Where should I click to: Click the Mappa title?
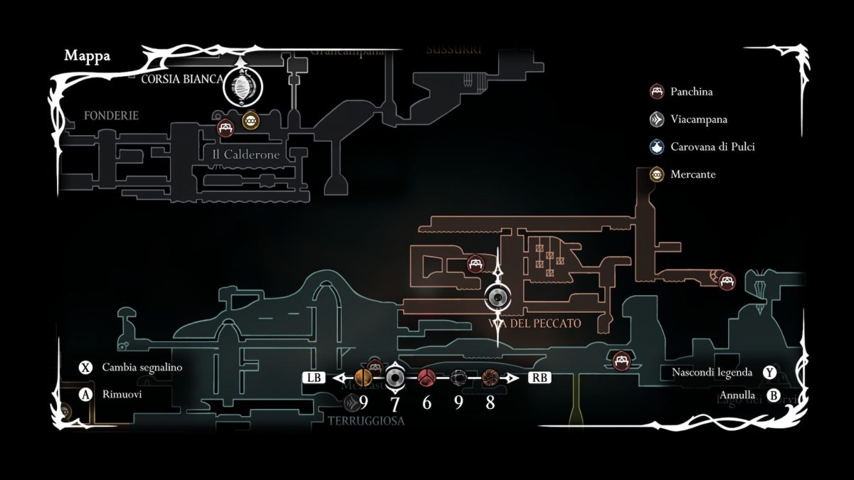pyautogui.click(x=87, y=56)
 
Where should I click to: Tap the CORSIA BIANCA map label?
pyautogui.click(x=182, y=78)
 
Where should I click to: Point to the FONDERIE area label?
pyautogui.click(x=110, y=115)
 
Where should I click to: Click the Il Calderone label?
pyautogui.click(x=246, y=154)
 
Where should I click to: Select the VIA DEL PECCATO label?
pyautogui.click(x=535, y=324)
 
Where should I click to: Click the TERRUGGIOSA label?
pyautogui.click(x=366, y=420)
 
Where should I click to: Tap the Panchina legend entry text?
pyautogui.click(x=691, y=92)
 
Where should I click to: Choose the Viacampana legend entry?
pyautogui.click(x=698, y=119)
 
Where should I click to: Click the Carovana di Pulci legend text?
pyautogui.click(x=712, y=147)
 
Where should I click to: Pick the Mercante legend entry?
pyautogui.click(x=692, y=174)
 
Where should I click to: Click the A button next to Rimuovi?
pyautogui.click(x=86, y=394)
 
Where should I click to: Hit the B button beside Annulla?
pyautogui.click(x=773, y=395)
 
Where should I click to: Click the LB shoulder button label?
pyautogui.click(x=315, y=378)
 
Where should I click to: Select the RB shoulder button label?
pyautogui.click(x=539, y=378)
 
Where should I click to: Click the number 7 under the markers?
pyautogui.click(x=394, y=403)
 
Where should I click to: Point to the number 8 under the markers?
pyautogui.click(x=490, y=403)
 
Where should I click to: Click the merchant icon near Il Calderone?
pyautogui.click(x=250, y=121)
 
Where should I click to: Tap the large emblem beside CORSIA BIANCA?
pyautogui.click(x=243, y=88)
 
